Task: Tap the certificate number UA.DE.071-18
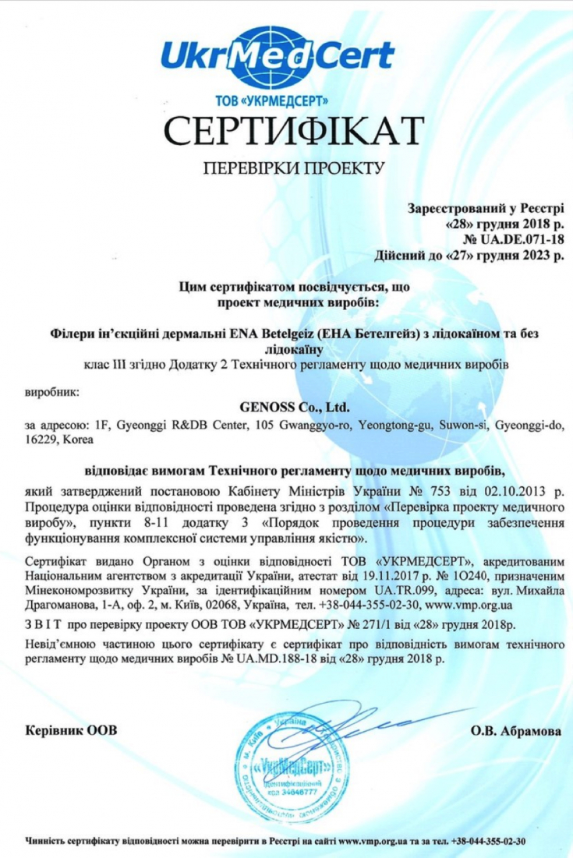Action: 519,238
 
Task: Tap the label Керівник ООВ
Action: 71,731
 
